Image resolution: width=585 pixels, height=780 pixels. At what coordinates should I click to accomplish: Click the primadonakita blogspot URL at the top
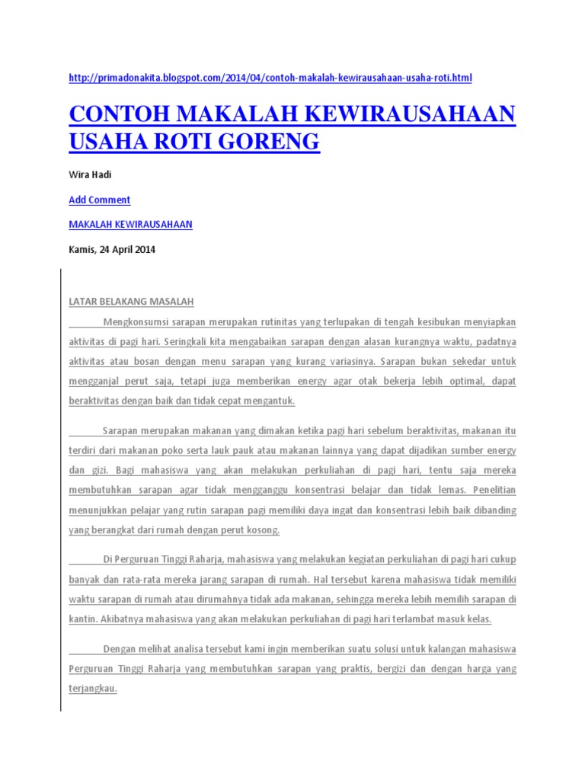[x=270, y=78]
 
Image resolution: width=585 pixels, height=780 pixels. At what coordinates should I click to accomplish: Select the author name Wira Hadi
[x=90, y=174]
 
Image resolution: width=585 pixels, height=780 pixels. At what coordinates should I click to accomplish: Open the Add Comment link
[x=99, y=200]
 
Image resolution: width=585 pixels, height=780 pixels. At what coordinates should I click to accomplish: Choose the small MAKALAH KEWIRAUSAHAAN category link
[x=130, y=224]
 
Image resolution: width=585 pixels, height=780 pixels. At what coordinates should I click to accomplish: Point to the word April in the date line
[x=120, y=249]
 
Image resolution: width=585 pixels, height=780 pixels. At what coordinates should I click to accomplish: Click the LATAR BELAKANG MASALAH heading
[x=131, y=301]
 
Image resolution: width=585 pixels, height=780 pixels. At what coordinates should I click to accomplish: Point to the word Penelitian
[x=494, y=490]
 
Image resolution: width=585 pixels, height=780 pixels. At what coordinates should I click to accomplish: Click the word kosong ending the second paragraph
[x=261, y=529]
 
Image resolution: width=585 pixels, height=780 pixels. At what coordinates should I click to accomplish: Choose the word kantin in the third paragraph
[x=82, y=619]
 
